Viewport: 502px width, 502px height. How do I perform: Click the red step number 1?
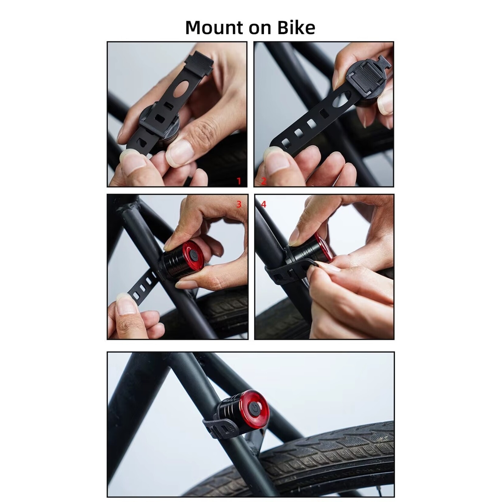[239, 181]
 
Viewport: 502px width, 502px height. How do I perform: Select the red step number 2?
[263, 181]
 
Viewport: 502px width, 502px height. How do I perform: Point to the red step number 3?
[239, 204]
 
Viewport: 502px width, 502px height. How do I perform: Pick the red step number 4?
[263, 204]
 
